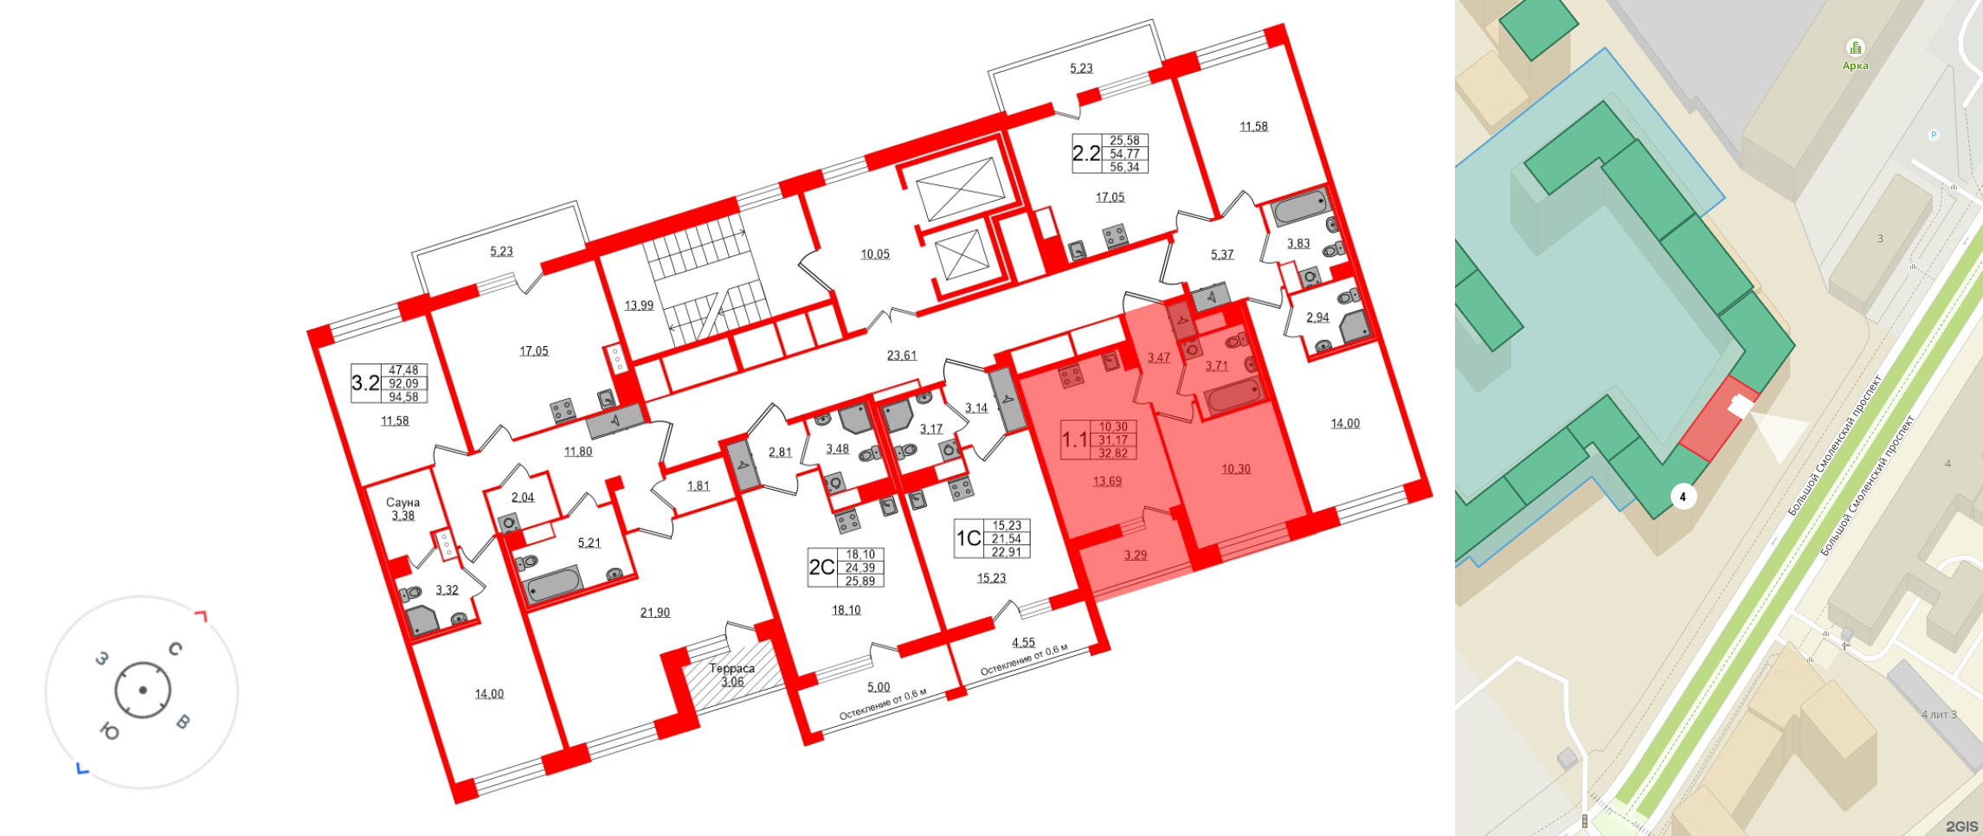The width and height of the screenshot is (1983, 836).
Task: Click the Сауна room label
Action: [x=402, y=502]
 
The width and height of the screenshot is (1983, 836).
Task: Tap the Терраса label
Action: [x=731, y=668]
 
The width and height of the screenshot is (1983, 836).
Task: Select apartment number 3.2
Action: [x=365, y=383]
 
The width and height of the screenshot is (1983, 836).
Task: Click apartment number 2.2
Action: [x=1086, y=153]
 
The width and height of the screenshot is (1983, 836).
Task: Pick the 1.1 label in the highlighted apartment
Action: [x=1075, y=440]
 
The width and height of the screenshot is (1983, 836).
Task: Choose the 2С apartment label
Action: [x=821, y=567]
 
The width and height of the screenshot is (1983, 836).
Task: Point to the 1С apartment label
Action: [x=969, y=538]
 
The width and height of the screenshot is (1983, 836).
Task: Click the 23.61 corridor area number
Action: [x=902, y=355]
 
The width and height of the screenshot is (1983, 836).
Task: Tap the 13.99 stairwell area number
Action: [x=639, y=305]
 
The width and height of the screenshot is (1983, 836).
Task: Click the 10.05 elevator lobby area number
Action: [x=875, y=254]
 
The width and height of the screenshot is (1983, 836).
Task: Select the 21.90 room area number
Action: [x=655, y=612]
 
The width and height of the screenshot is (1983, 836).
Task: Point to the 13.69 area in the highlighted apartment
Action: [x=1107, y=481]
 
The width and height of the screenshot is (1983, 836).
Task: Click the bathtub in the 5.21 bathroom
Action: [x=553, y=584]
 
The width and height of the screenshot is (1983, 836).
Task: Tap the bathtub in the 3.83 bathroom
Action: [x=1301, y=207]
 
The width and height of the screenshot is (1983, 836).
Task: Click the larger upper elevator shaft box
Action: [x=961, y=189]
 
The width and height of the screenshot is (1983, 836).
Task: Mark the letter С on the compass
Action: [x=176, y=648]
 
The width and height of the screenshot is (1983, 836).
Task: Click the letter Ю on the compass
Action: [x=110, y=732]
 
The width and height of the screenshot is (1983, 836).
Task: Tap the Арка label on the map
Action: [x=1855, y=66]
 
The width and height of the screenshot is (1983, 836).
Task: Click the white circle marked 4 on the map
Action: [x=1683, y=497]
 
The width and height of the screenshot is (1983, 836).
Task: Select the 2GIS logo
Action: [x=1962, y=826]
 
